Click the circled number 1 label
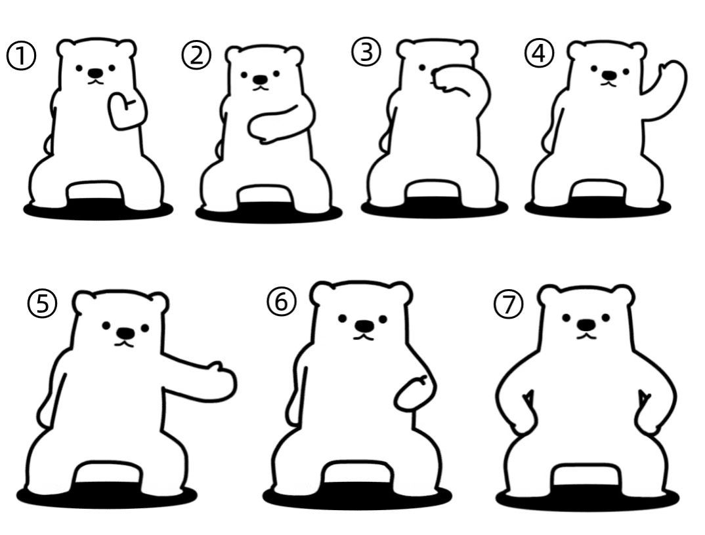coord(21,56)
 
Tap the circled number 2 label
coord(196,56)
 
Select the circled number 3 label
coord(366,52)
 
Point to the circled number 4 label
coord(539,54)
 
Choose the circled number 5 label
coord(42,304)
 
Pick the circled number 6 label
coord(281,302)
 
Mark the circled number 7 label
coord(509,305)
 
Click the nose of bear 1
coord(95,73)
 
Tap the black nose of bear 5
coord(125,333)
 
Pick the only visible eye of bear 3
coord(422,68)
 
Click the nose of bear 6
coord(364,325)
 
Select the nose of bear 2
coord(260,80)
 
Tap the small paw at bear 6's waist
coord(414,393)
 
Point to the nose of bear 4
coord(609,75)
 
